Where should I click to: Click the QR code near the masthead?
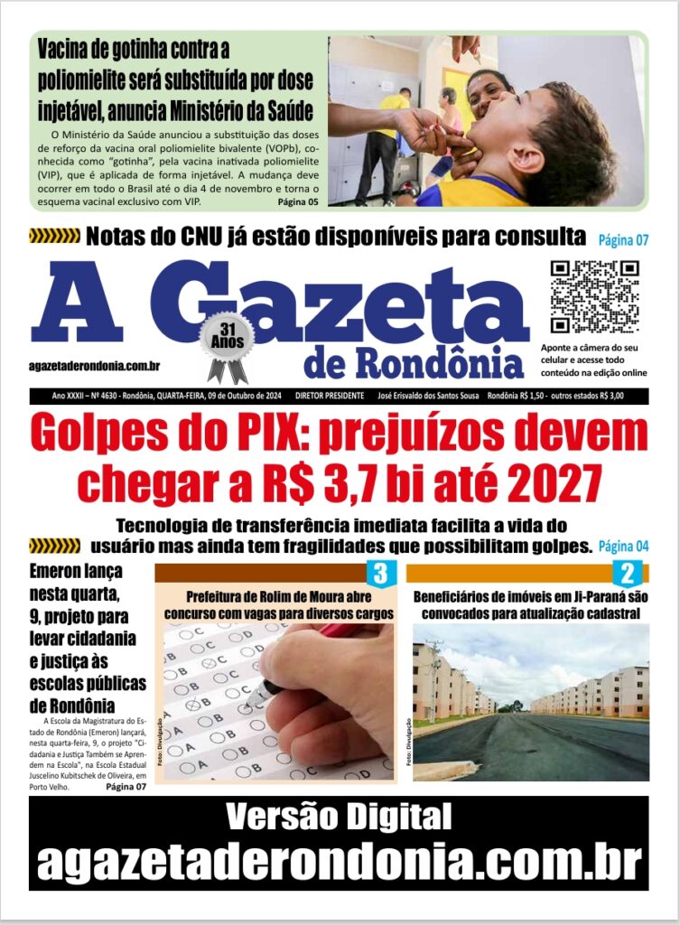594,296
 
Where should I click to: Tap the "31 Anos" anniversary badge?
226,341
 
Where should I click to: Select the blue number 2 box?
627,573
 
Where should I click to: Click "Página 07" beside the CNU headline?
623,240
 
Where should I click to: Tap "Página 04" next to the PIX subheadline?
623,547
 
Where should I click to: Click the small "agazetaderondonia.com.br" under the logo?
95,366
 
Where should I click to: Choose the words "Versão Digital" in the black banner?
339,817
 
